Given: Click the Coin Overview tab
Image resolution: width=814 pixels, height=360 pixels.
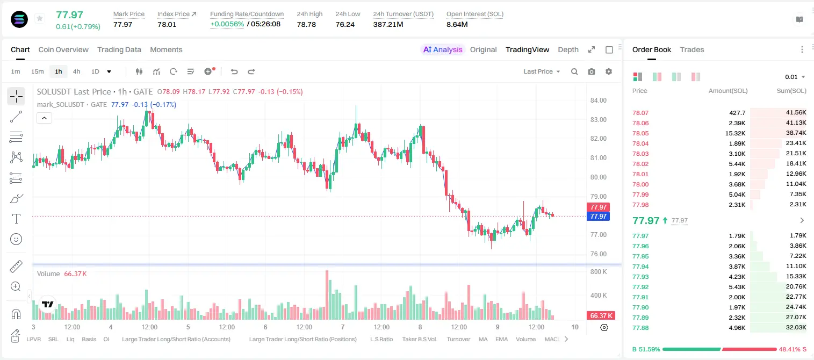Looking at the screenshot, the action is (63, 50).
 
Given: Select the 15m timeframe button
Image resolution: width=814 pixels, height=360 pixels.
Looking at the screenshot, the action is (38, 71).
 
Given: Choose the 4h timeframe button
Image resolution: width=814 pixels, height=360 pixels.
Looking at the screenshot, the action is (76, 71).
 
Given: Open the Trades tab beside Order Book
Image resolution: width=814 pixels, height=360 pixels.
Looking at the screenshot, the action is (692, 50).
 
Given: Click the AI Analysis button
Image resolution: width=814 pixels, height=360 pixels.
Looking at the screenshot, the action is (443, 50).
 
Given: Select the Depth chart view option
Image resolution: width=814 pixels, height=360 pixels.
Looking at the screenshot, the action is (568, 50).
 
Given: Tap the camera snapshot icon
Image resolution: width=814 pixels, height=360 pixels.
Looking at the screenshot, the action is (591, 71).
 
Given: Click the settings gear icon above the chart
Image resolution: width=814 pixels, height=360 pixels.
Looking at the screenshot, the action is (609, 71).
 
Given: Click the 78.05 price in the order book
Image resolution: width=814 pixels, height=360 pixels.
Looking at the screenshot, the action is (640, 133).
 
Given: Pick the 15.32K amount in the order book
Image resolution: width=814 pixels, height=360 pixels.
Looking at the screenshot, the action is (735, 133).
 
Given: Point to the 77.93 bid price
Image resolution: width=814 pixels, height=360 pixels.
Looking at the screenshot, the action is (640, 277).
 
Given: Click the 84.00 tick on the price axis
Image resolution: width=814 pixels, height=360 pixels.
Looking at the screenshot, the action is (598, 100).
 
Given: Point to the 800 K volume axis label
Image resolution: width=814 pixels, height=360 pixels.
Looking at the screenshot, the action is (599, 272).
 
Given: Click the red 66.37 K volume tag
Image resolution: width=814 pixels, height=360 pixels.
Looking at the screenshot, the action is (601, 316).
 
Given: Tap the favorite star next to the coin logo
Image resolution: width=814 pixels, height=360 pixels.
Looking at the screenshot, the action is (40, 19).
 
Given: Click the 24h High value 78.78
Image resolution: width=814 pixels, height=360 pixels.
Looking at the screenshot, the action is (306, 24).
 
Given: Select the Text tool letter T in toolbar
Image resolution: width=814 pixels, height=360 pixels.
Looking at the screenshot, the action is (16, 219).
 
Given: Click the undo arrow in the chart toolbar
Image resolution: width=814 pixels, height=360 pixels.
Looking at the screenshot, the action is (234, 71).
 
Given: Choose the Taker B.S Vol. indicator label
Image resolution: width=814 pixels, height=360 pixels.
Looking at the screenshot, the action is (419, 339).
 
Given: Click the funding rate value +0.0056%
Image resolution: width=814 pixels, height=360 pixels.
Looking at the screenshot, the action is (227, 24).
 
